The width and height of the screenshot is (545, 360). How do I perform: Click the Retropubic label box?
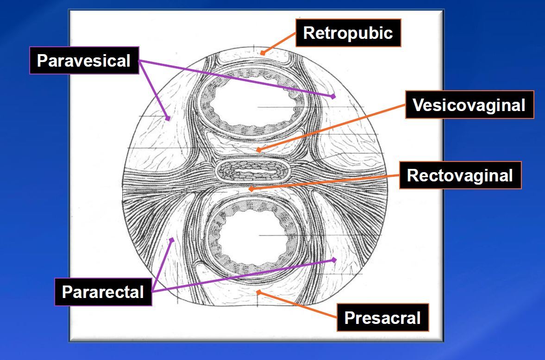point(348,33)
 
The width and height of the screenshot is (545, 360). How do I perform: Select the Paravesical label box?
point(84,60)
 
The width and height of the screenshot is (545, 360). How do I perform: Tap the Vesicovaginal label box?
point(469,105)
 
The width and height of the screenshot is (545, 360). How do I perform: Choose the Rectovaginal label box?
point(460,175)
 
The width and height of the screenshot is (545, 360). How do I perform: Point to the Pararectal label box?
point(103,292)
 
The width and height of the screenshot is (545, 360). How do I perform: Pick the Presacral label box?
point(382,318)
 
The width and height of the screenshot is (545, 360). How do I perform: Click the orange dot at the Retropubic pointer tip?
point(263,53)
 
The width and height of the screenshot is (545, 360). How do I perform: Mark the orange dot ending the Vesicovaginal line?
point(259,150)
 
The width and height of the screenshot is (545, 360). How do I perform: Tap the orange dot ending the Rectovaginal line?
point(251,189)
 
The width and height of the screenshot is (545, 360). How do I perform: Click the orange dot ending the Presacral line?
point(259,292)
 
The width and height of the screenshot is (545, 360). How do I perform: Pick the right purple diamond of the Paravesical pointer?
point(333,96)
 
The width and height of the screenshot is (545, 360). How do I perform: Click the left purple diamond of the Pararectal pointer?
point(172,239)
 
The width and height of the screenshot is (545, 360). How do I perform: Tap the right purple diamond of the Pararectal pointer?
point(334,260)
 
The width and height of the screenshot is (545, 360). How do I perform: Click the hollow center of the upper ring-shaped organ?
point(252,105)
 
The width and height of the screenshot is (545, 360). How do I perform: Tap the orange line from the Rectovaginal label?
point(324,182)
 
